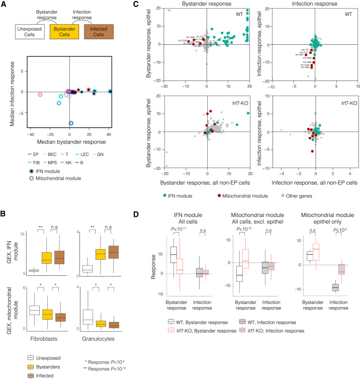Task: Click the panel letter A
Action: click(4, 5)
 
